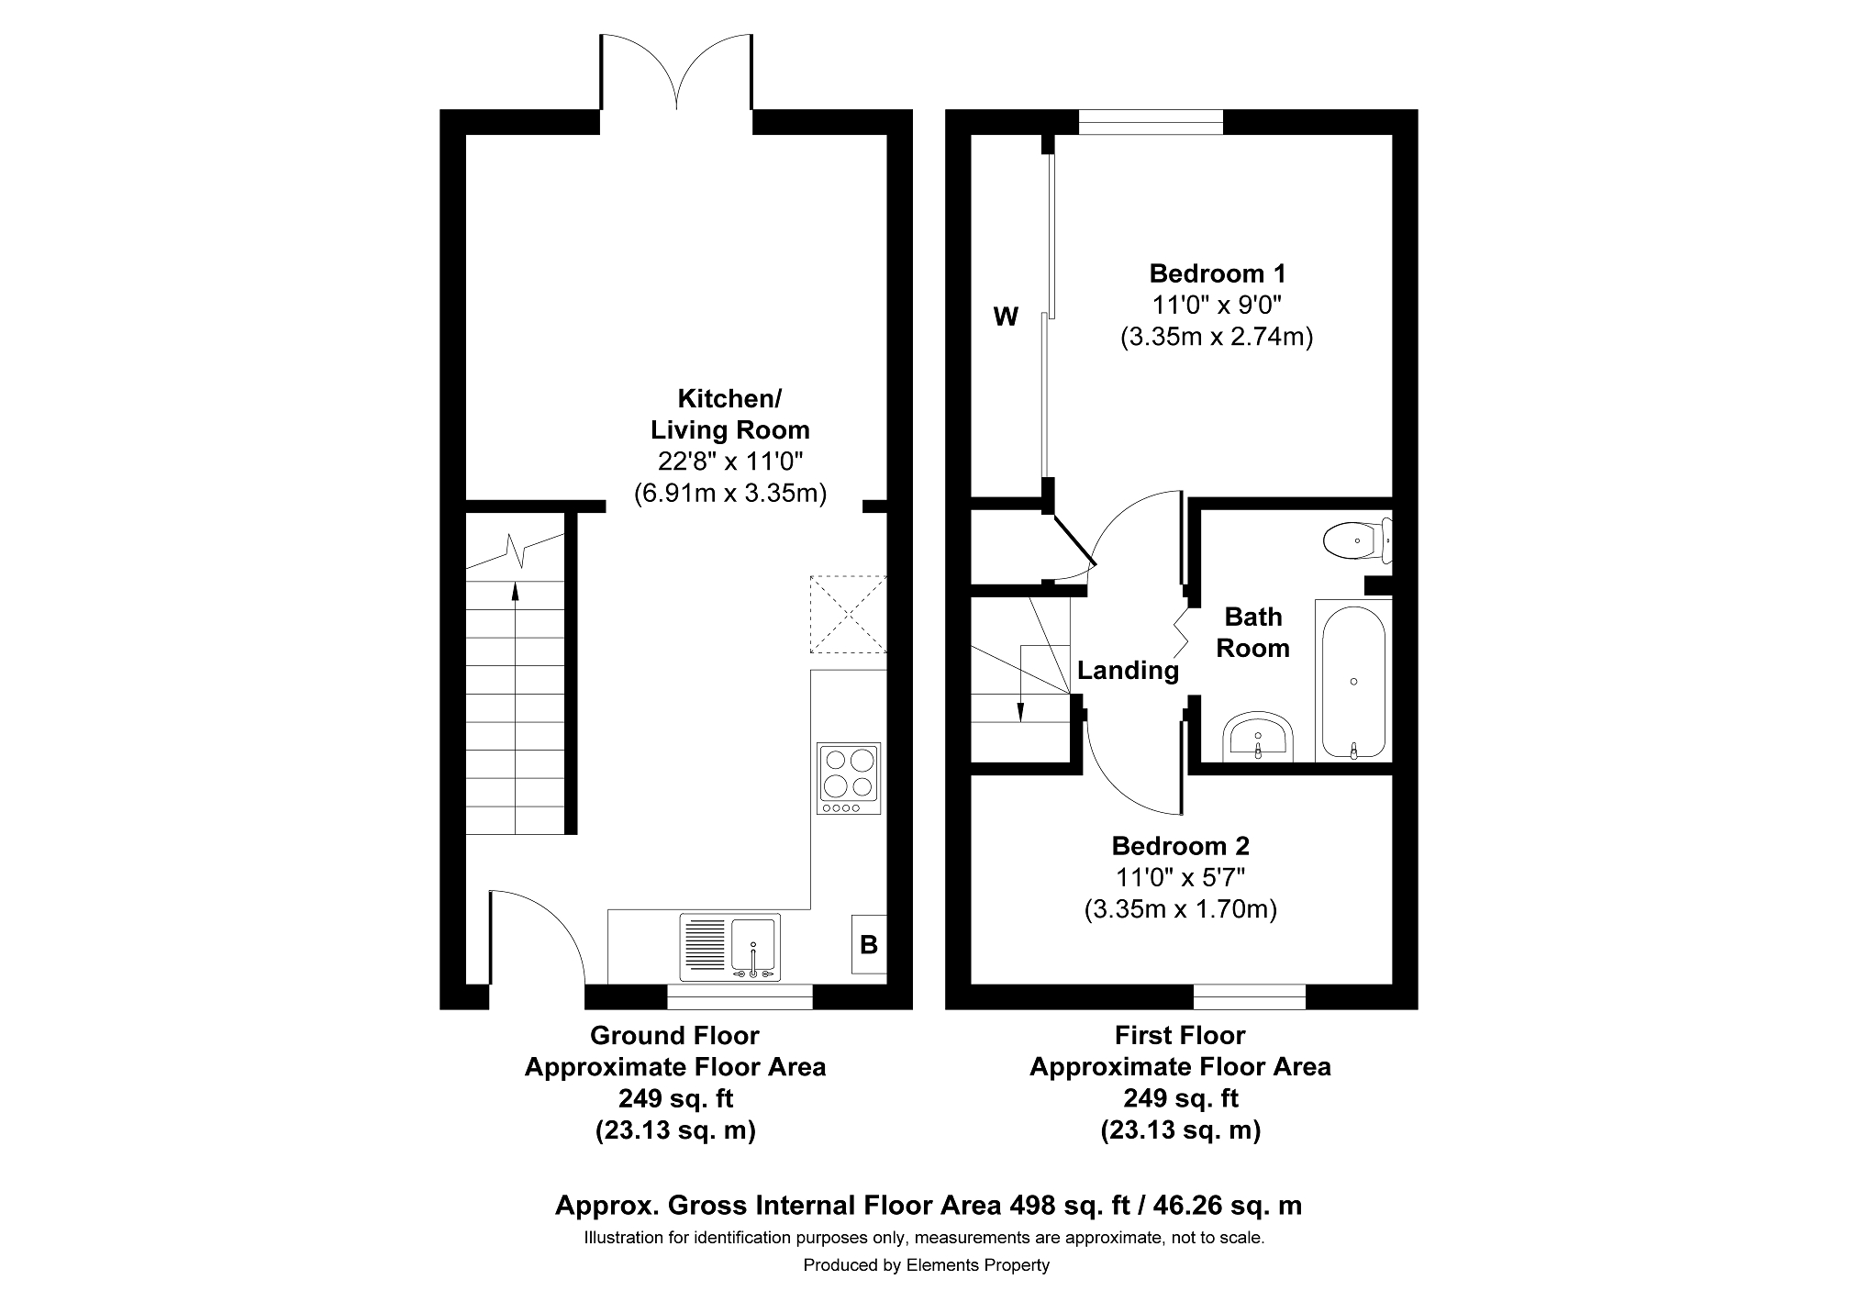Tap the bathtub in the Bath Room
tap(1353, 680)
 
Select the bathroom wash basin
tap(1258, 736)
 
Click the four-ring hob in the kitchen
tap(849, 778)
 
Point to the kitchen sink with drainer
tap(730, 947)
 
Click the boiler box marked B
tap(869, 944)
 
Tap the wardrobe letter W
tap(1006, 317)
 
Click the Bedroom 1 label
tap(1218, 273)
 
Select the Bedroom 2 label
tap(1181, 846)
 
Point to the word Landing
tap(1128, 671)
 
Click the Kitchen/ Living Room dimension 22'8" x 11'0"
tap(730, 462)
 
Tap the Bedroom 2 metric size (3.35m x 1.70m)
tap(1181, 909)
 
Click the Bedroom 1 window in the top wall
tap(1151, 122)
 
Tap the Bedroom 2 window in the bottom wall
tap(1249, 996)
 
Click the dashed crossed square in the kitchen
tap(848, 614)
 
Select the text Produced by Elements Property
tap(927, 1265)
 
